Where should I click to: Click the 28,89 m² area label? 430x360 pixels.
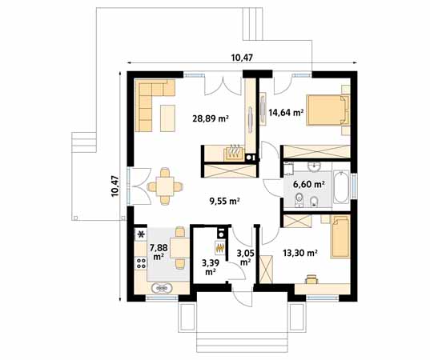click(211, 118)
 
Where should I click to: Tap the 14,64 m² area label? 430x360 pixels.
click(285, 113)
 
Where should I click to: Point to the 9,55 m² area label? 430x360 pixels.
click(224, 202)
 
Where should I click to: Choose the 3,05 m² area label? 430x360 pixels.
click(245, 257)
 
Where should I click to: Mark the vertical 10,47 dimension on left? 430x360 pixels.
click(115, 186)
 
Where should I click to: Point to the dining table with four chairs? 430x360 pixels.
click(164, 186)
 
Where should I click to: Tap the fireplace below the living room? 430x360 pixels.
click(232, 151)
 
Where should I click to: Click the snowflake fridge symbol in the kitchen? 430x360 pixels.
click(142, 234)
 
